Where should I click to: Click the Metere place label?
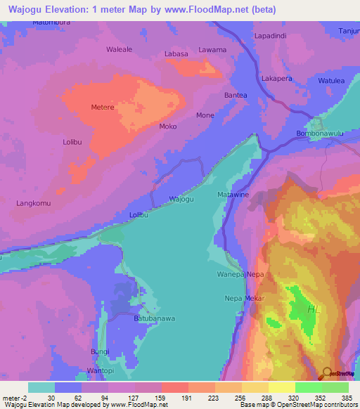point(102,108)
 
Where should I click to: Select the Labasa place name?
point(176,54)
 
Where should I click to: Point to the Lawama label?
point(212,50)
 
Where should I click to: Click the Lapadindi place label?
point(271,35)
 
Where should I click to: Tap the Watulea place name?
point(331,81)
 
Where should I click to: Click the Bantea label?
point(235,95)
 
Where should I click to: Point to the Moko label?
point(168,126)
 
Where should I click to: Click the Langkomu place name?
point(34,203)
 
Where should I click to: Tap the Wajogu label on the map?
point(181,199)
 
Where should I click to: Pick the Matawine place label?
point(233,195)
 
